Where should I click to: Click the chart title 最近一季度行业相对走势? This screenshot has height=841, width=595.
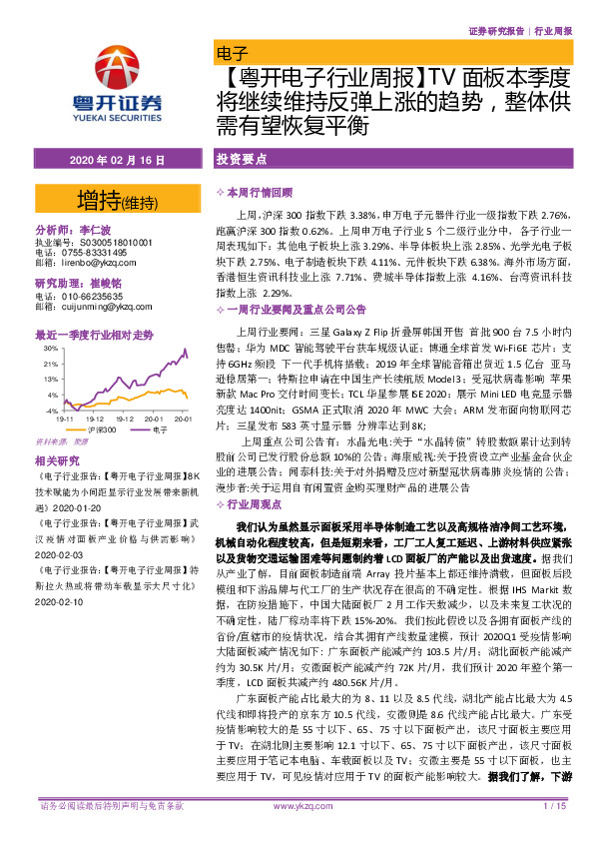point(94,335)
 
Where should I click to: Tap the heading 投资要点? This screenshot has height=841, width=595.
point(243,160)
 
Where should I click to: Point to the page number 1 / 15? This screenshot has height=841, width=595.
point(553,805)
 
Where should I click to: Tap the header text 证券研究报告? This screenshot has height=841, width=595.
point(495,31)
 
